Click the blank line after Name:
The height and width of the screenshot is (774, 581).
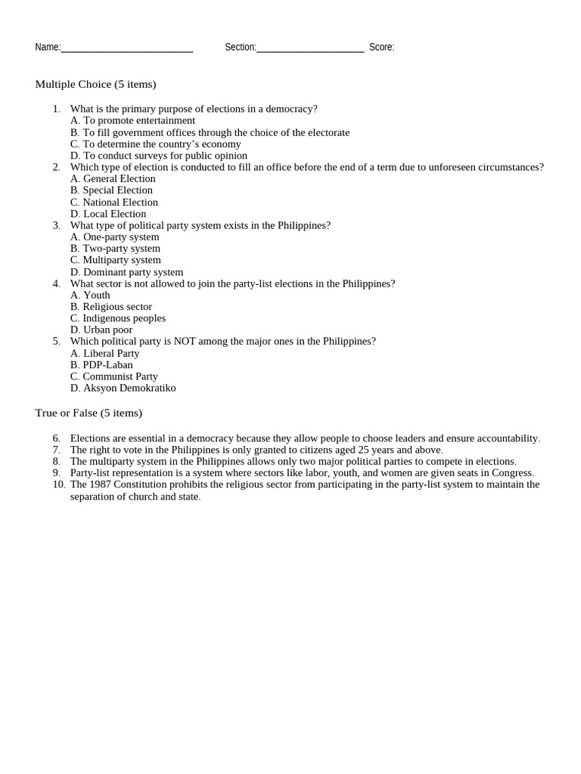tap(126, 48)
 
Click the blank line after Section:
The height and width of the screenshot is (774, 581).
tap(310, 48)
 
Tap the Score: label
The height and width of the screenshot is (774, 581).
tap(381, 47)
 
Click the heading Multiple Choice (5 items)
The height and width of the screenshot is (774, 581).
tap(95, 84)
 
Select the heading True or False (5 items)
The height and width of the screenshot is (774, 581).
tap(89, 413)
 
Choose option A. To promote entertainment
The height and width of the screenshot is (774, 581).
tap(132, 120)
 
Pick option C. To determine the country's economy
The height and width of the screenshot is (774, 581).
tap(155, 144)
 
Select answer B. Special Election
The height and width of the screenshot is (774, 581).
tap(111, 190)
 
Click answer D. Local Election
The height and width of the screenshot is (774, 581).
tap(108, 214)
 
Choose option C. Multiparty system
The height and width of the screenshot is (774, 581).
tap(115, 260)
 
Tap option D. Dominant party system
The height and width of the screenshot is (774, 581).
tap(126, 272)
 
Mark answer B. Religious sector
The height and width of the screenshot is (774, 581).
tap(111, 307)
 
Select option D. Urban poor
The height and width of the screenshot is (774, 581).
tap(101, 330)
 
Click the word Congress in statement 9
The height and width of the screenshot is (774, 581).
tap(511, 472)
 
